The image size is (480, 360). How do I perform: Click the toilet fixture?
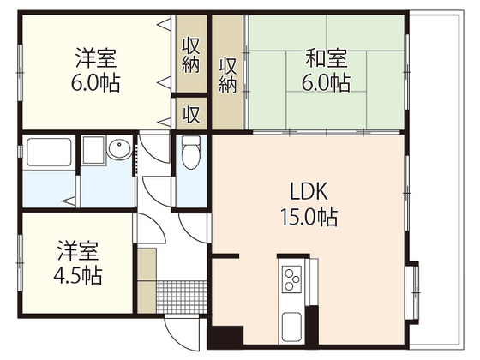click(x=191, y=153)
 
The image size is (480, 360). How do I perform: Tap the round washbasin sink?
click(x=119, y=149)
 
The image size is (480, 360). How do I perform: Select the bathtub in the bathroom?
click(x=49, y=153)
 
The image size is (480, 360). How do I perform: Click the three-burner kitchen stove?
click(x=291, y=279)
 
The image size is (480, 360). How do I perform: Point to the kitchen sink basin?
click(x=291, y=327)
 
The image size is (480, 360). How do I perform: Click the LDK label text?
click(x=309, y=191)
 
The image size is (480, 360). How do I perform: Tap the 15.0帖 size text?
click(x=309, y=217)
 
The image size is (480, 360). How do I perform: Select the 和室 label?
click(x=327, y=58)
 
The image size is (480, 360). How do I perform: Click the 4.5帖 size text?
click(x=78, y=275)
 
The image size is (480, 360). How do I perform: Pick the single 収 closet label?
click(x=191, y=114)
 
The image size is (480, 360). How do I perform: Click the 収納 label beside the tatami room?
click(x=227, y=75)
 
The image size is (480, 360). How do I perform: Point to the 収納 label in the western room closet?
click(x=191, y=55)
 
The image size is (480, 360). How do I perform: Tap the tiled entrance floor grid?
click(x=182, y=297)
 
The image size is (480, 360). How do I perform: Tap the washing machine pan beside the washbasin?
click(x=93, y=150)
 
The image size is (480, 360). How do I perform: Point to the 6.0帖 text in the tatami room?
click(x=327, y=82)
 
